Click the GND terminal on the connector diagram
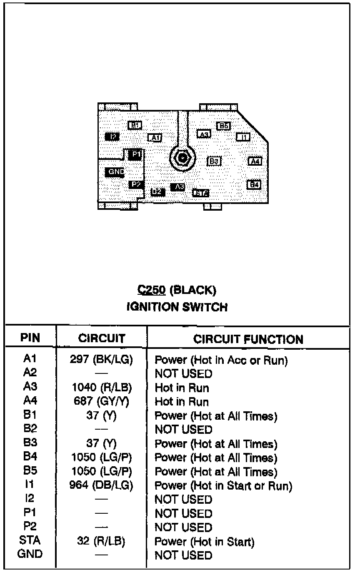coord(115,172)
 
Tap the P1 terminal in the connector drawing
coord(135,154)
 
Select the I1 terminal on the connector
coord(243,137)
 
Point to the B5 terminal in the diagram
coord(224,126)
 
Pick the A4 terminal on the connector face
coord(255,161)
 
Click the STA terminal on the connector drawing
coord(201,193)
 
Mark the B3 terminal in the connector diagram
coord(214,161)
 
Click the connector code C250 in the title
coord(151,290)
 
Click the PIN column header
coord(30,338)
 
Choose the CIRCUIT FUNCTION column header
coord(248,339)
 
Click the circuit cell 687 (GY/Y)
coord(102,402)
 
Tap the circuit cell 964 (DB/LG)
coord(102,485)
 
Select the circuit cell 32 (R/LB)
coord(102,541)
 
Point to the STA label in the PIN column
coord(30,541)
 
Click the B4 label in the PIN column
coord(30,457)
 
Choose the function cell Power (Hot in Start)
coord(205,542)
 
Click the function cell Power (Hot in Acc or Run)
coord(221,360)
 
